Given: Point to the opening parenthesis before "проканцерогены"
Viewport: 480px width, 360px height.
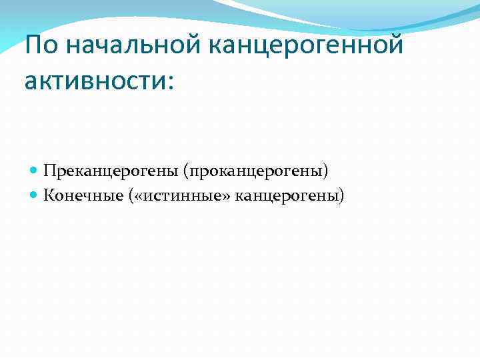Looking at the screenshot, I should click(x=193, y=172).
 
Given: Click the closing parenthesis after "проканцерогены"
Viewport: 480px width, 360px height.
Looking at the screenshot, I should click(x=326, y=172).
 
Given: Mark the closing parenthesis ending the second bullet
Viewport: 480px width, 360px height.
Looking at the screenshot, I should click(x=343, y=196).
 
